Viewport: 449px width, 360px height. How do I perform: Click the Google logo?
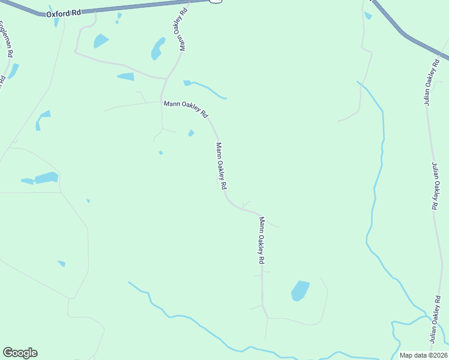point(20,353)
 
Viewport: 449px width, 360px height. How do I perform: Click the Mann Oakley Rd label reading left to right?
point(186,109)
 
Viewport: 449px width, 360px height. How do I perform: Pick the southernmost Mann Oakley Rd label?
point(262,241)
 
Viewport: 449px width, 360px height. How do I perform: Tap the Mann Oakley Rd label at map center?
point(221,167)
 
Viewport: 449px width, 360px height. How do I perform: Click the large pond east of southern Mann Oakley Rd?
point(300,290)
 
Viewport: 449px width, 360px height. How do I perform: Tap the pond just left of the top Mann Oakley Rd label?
point(158,48)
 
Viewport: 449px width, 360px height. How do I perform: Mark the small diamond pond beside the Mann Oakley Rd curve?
point(191,133)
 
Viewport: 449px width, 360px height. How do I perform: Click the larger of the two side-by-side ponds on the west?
point(46,178)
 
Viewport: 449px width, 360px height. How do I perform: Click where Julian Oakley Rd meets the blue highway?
point(440,58)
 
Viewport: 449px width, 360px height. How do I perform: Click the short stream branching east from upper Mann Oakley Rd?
point(207,88)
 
